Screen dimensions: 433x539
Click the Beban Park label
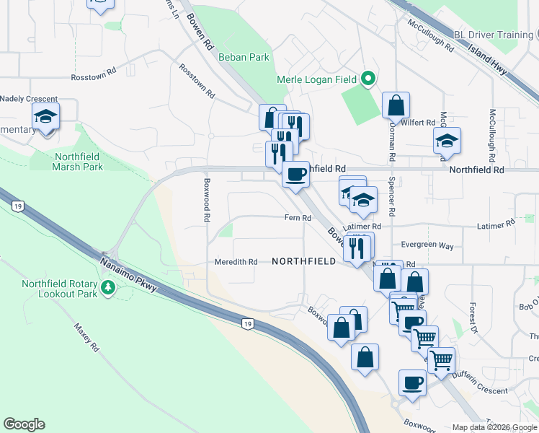(249, 56)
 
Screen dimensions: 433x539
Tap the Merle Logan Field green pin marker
(369, 78)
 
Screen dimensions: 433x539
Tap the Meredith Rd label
(236, 261)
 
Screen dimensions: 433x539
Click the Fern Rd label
(298, 218)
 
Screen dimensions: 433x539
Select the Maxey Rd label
(85, 337)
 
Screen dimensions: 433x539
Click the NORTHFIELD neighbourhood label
(303, 261)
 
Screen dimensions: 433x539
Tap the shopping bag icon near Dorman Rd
(396, 106)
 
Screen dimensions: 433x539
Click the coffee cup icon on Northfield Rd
(295, 175)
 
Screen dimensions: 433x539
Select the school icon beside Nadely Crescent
(45, 117)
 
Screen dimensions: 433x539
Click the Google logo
(24, 424)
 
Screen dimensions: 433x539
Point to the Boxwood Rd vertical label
(207, 199)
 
